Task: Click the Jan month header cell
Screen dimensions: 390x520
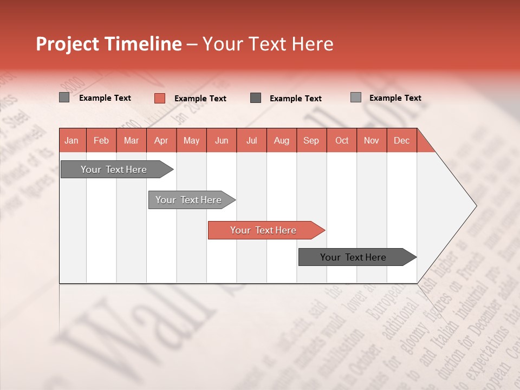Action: click(x=71, y=140)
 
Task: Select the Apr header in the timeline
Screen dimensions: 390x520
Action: click(x=161, y=140)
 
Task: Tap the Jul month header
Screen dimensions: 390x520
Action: click(x=251, y=140)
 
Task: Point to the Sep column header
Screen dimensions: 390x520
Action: click(x=311, y=140)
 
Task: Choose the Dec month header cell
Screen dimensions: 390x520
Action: click(x=401, y=140)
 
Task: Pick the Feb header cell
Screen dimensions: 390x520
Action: click(x=101, y=140)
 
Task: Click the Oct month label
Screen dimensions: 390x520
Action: click(x=342, y=140)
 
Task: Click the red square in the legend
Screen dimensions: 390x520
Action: click(x=160, y=98)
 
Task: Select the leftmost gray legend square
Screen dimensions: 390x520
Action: click(x=64, y=97)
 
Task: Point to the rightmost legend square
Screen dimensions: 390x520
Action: click(x=356, y=97)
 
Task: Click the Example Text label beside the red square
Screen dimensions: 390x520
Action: click(x=200, y=99)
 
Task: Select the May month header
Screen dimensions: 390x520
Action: click(x=191, y=140)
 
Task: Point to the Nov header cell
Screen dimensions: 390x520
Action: click(x=372, y=140)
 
